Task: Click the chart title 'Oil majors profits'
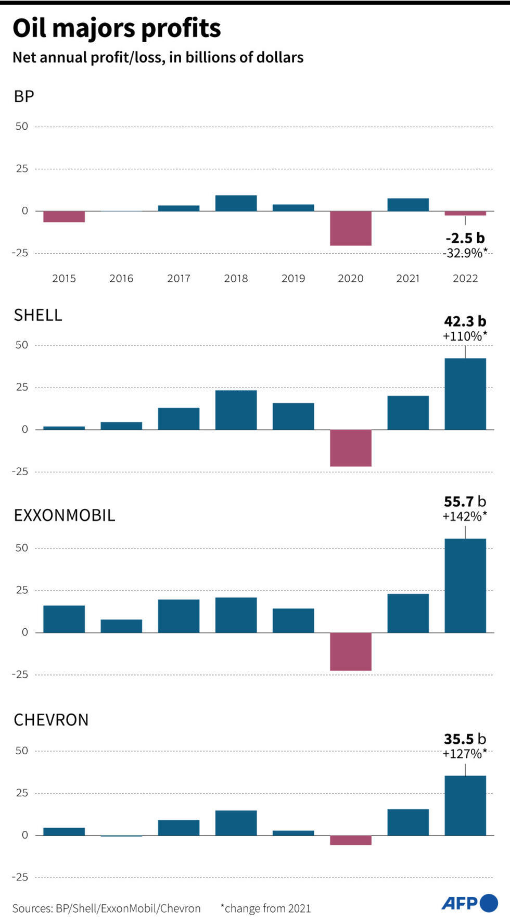click(x=117, y=28)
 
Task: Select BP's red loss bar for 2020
click(x=350, y=228)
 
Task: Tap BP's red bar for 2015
click(x=64, y=217)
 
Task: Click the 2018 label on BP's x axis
click(x=236, y=279)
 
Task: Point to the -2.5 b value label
click(x=465, y=239)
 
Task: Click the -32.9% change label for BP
click(x=465, y=253)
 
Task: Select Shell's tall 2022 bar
click(x=465, y=394)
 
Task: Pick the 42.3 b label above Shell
click(x=465, y=321)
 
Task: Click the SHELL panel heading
click(x=38, y=315)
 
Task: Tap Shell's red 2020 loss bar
click(x=350, y=448)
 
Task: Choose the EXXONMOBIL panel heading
click(x=65, y=515)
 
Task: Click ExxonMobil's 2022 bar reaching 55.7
click(x=465, y=585)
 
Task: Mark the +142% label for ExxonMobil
click(x=465, y=516)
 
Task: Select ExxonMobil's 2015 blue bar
click(x=64, y=619)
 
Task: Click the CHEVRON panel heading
click(x=51, y=720)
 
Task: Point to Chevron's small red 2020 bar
click(x=350, y=840)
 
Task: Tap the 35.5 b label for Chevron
click(x=465, y=739)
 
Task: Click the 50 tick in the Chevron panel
click(x=21, y=751)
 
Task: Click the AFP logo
click(x=469, y=903)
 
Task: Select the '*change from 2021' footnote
click(x=265, y=908)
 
